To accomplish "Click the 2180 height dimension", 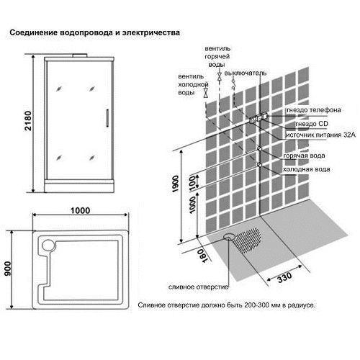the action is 28,121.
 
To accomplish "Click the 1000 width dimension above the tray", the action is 80,210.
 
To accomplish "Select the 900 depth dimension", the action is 8,269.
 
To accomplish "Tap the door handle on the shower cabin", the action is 107,118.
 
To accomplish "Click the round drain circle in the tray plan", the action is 48,246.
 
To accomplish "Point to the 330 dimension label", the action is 284,278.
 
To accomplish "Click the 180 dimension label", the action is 202,256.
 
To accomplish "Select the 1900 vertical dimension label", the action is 176,184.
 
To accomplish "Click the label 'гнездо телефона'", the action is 314,110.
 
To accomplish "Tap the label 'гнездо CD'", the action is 312,124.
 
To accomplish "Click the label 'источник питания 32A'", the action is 320,135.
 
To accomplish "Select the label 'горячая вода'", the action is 304,156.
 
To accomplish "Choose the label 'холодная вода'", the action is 306,169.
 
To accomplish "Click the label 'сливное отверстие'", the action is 198,287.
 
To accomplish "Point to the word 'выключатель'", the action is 246,73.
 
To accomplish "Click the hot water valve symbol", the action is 219,77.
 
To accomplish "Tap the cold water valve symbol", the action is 206,93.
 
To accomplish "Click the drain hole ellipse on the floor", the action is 229,237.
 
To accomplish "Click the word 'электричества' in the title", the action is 151,32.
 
